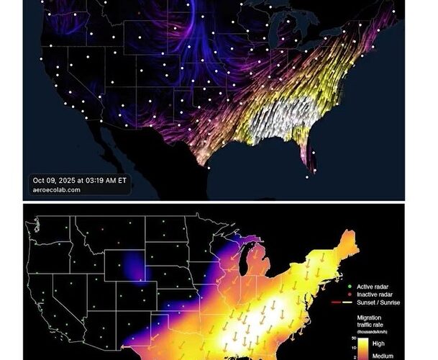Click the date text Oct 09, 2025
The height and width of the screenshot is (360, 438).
pyautogui.click(x=57, y=180)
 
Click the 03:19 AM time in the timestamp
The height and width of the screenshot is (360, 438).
pyautogui.click(x=106, y=180)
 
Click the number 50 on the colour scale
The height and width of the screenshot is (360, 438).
pyautogui.click(x=355, y=338)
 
